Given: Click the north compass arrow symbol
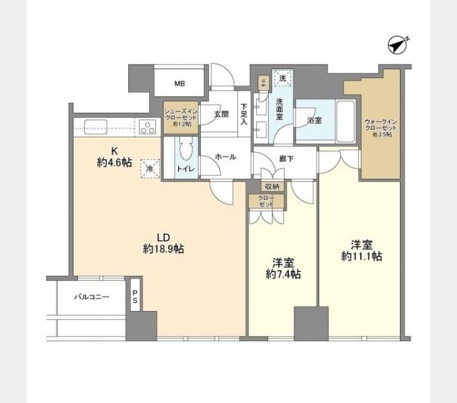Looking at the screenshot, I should pos(399,45).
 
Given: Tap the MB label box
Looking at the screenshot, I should pos(179,84).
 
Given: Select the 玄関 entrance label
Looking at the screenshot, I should pos(221,114).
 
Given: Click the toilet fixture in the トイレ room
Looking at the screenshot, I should pos(186,151).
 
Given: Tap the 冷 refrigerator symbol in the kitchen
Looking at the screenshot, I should pos(150,168).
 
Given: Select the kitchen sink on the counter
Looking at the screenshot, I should pos(93,126).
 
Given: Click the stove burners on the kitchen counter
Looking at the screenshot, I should pos(147,126).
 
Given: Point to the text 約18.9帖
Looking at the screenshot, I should pos(163,249).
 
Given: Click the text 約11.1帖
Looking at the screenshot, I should pos(362,255).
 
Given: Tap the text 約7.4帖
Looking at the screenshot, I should pos(282,274).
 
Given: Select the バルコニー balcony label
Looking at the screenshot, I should pos(91,296).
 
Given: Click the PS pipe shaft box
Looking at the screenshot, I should pos(135,296).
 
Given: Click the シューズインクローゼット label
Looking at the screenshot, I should pos(180,116).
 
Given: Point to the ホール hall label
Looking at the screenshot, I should pos(225,156).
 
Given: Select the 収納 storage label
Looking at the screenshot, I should pos(272,186).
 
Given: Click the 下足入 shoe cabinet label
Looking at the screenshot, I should pos(243,114).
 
